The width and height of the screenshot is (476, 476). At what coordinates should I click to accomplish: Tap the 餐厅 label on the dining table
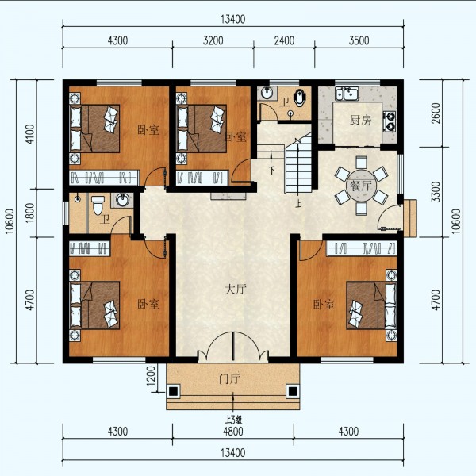[x=361, y=186]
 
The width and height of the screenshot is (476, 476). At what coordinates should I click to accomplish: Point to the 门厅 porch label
[x=229, y=378]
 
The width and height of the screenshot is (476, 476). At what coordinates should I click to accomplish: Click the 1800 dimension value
[x=30, y=212]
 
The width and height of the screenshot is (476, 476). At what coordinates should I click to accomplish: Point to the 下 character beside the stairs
[x=272, y=169]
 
